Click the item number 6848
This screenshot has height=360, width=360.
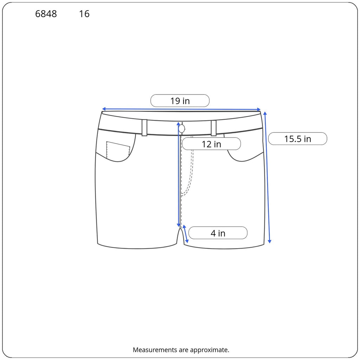[46, 14]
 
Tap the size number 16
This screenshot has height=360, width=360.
[84, 14]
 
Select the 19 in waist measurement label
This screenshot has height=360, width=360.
[180, 101]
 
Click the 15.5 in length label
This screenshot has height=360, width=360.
[297, 139]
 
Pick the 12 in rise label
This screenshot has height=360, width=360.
[211, 144]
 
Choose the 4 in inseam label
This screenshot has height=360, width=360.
[218, 233]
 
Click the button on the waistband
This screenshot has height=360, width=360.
[182, 129]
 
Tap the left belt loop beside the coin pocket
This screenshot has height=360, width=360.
[144, 128]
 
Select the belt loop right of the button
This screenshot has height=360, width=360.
[213, 128]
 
